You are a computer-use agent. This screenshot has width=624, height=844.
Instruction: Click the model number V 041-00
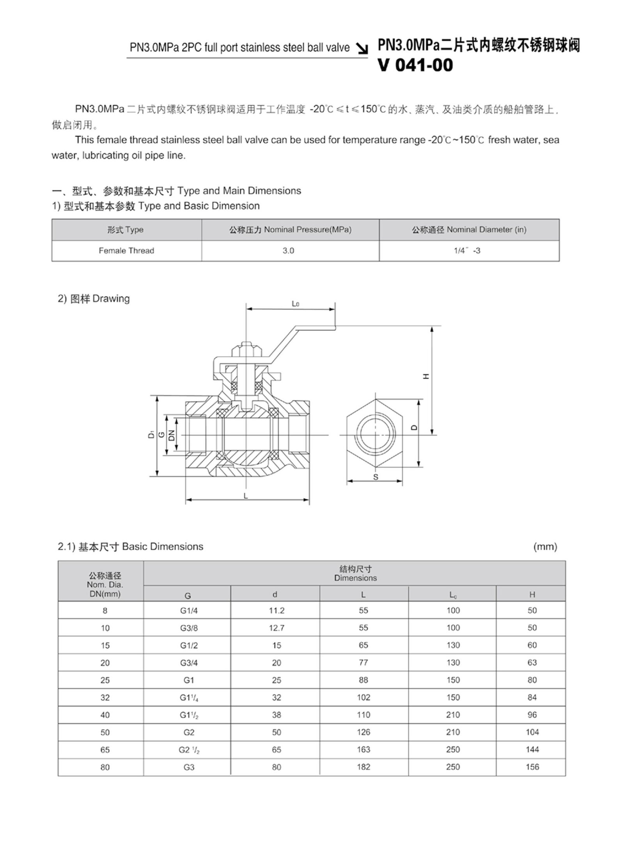click(x=415, y=65)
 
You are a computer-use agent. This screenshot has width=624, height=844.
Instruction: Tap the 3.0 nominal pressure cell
click(x=288, y=251)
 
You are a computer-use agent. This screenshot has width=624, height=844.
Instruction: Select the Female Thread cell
click(x=126, y=251)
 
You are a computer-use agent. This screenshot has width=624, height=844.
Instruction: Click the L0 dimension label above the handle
click(x=295, y=304)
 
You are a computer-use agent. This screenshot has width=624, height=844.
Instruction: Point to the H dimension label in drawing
click(x=426, y=376)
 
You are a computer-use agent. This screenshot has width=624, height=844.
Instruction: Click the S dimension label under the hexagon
click(x=376, y=477)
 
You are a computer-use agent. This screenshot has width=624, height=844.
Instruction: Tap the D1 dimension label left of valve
click(x=151, y=434)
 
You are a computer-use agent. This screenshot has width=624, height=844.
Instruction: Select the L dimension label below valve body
click(x=245, y=496)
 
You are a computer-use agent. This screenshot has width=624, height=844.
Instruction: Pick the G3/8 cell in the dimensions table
click(x=189, y=628)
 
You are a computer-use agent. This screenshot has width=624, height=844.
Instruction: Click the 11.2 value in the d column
click(x=277, y=611)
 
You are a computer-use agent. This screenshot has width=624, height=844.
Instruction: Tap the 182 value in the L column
click(x=363, y=767)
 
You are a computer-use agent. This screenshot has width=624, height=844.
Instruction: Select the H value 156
click(x=532, y=767)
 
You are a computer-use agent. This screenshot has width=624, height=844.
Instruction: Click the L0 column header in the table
click(x=453, y=595)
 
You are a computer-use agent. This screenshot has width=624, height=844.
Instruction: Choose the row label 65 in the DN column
click(x=105, y=750)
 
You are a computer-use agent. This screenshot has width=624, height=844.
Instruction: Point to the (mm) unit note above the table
click(x=545, y=547)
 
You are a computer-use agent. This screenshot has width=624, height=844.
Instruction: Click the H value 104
click(x=532, y=732)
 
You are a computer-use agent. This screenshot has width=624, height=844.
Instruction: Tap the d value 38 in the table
click(x=277, y=715)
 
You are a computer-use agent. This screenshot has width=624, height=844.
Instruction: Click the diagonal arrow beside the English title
click(x=363, y=48)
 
